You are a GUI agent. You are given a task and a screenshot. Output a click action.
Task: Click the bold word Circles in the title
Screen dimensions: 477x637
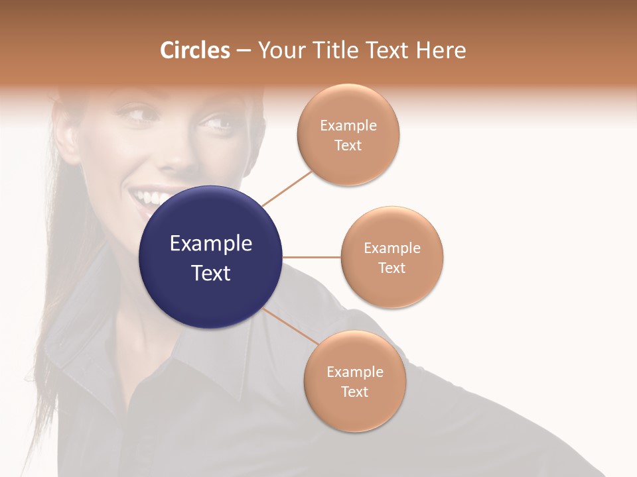pyautogui.click(x=195, y=50)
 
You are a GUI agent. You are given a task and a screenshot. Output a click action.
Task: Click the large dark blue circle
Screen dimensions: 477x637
pyautogui.click(x=210, y=257)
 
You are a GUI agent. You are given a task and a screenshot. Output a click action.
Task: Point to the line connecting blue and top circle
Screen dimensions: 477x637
pyautogui.click(x=287, y=188)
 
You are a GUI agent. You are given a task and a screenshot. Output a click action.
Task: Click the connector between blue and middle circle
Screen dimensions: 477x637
pyautogui.click(x=311, y=257)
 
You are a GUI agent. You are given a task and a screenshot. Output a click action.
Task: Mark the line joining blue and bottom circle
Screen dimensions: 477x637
pyautogui.click(x=291, y=326)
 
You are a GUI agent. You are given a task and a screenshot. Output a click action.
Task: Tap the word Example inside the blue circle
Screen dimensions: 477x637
pyautogui.click(x=210, y=244)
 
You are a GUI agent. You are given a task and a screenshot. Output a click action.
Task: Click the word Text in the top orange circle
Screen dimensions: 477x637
pyautogui.click(x=348, y=146)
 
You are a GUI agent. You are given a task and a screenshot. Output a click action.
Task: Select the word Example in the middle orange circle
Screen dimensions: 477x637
pyautogui.click(x=392, y=248)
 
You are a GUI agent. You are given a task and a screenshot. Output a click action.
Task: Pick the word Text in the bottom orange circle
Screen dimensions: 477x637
pyautogui.click(x=355, y=392)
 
